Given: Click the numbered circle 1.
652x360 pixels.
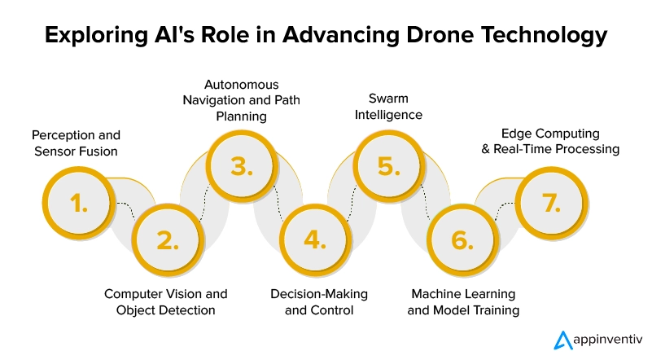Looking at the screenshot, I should [79, 204].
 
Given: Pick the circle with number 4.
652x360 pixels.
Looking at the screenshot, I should [314, 240].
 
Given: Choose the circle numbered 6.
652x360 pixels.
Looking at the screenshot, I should [462, 240].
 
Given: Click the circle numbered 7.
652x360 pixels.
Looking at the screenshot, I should [553, 204].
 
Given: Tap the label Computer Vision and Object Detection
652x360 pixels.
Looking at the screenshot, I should [166, 301].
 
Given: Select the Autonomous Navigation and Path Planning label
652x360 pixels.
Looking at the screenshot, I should [241, 100].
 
